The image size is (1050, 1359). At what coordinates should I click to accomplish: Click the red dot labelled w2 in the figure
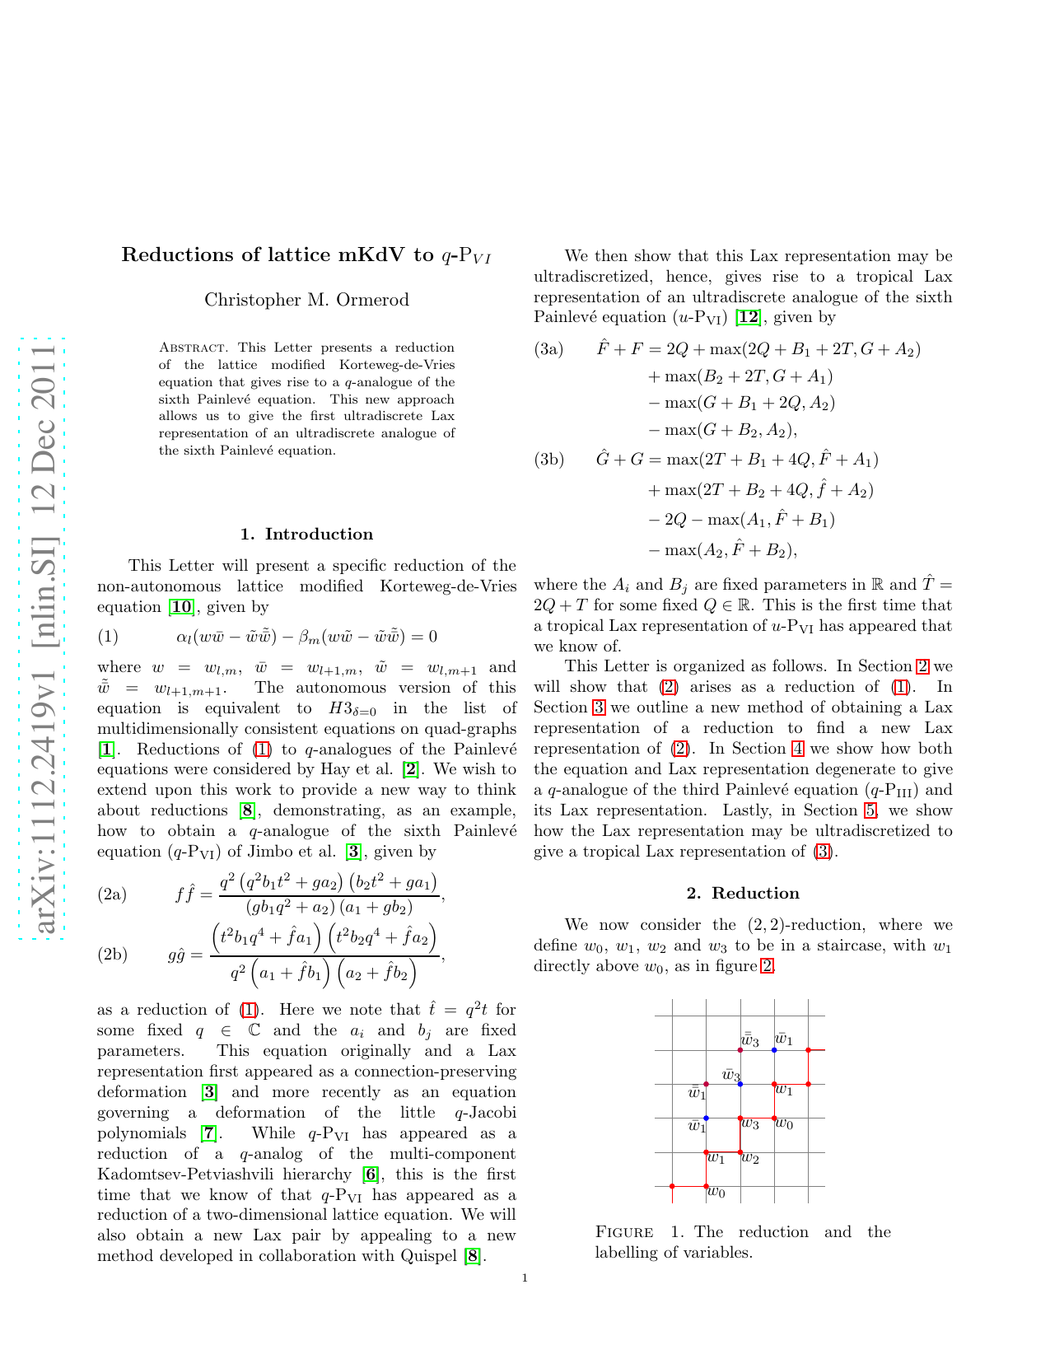[x=740, y=1151]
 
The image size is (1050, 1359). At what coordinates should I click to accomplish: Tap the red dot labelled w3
[x=740, y=1118]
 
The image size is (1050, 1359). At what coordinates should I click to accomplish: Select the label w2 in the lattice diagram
[x=750, y=1159]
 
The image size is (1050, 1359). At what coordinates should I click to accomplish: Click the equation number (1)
[x=108, y=637]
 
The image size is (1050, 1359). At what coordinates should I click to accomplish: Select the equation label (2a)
[x=112, y=894]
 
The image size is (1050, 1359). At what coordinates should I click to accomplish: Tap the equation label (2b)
[x=112, y=955]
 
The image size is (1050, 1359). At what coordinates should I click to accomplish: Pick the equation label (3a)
[x=548, y=349]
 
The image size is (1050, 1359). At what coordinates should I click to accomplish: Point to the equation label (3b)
[x=548, y=460]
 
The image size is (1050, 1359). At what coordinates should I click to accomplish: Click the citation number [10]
[x=180, y=607]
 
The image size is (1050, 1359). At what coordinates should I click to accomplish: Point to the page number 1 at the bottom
[x=525, y=1278]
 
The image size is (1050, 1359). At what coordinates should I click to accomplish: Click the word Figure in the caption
[x=624, y=1232]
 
